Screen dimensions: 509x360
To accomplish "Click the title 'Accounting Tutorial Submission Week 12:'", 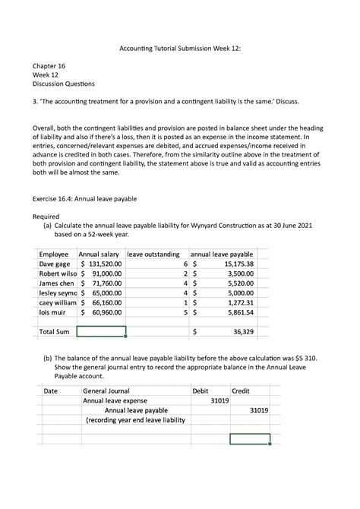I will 179,48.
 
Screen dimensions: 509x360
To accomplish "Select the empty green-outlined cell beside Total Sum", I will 101,332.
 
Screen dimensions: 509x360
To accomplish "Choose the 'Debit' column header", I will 201,390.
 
